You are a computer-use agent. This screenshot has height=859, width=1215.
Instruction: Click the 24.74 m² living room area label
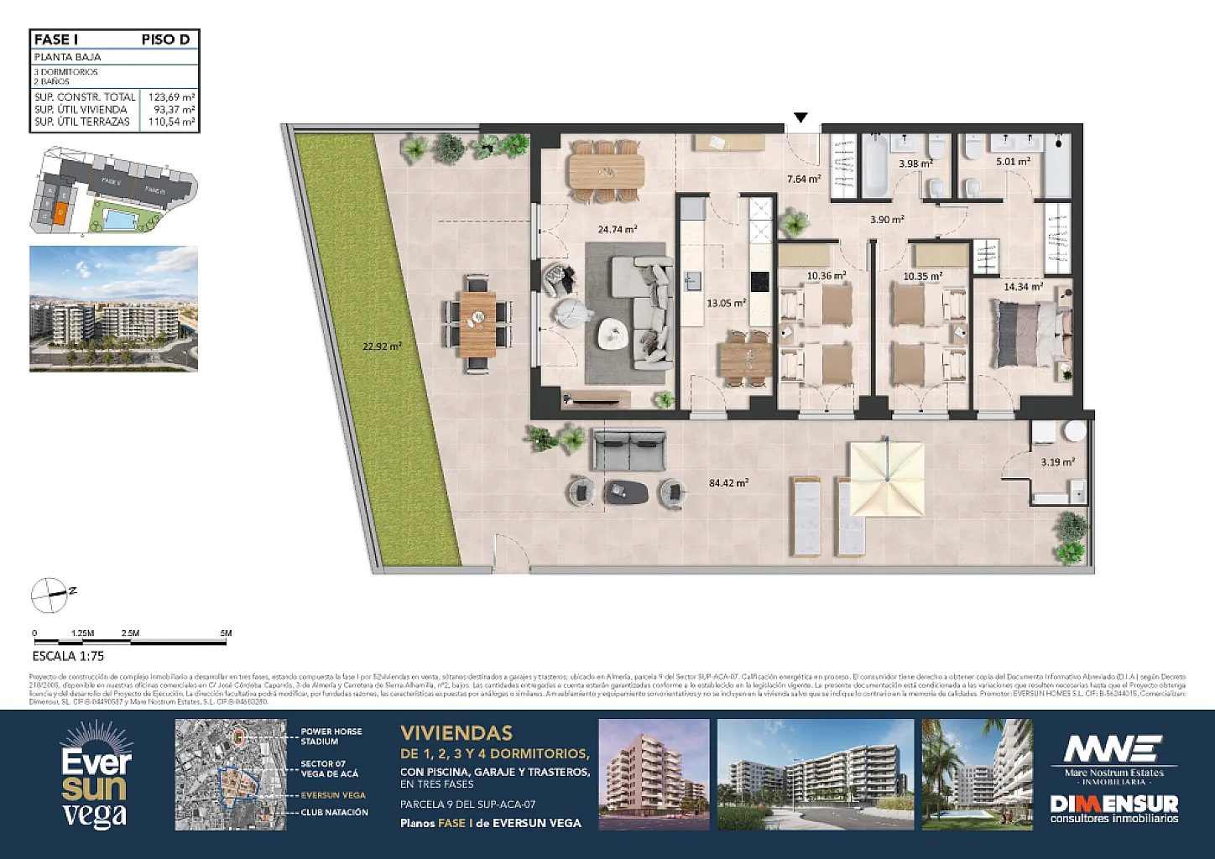(x=617, y=229)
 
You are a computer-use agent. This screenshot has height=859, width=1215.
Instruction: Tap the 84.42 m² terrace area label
(x=728, y=483)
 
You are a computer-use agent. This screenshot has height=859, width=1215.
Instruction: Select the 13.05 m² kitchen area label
(x=726, y=304)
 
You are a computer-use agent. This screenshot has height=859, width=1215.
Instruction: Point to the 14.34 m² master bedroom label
(x=1023, y=287)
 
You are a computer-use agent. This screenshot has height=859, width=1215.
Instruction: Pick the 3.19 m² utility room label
(x=1057, y=462)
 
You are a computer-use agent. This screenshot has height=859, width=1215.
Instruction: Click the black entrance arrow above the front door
(x=801, y=117)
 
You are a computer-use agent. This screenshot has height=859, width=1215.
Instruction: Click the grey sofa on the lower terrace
(x=629, y=450)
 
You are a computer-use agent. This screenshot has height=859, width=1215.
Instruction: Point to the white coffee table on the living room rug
(x=613, y=335)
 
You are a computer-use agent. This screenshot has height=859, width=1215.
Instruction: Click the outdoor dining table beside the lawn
(x=477, y=322)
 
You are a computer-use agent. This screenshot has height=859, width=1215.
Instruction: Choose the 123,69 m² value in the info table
(x=172, y=97)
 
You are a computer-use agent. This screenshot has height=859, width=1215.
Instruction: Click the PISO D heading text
(x=165, y=39)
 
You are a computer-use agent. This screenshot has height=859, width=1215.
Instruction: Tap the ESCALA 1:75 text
(x=68, y=656)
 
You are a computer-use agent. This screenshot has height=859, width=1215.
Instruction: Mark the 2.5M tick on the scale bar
(x=130, y=633)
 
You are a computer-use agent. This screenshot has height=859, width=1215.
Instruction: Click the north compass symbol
(x=50, y=595)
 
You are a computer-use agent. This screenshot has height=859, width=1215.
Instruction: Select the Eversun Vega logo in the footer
(x=96, y=775)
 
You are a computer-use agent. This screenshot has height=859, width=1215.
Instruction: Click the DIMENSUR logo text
(x=1113, y=804)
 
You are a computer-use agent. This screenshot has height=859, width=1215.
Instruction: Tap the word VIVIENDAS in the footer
(x=456, y=733)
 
